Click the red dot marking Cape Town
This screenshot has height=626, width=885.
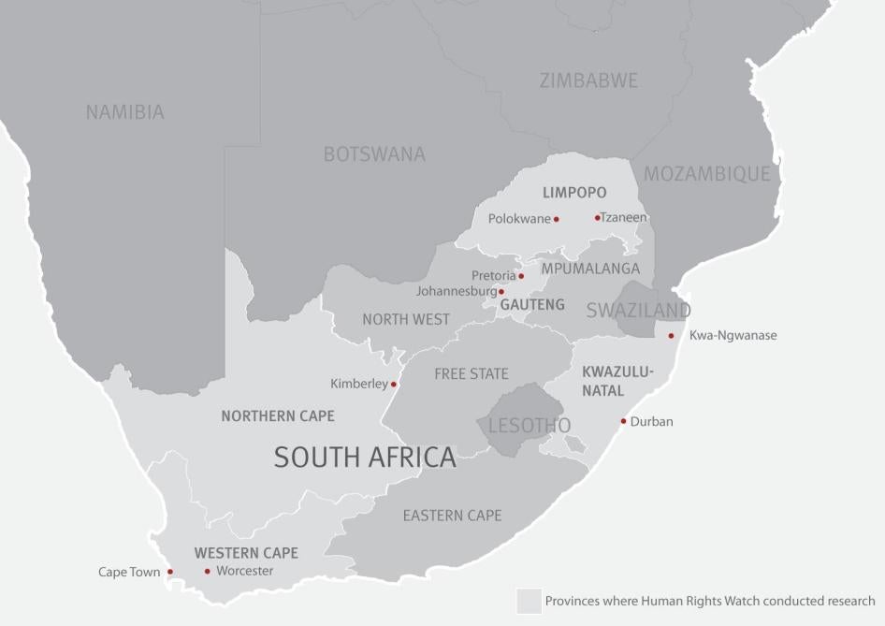(x=170, y=572)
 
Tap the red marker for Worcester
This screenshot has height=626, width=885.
(x=208, y=572)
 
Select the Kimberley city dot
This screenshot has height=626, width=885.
(x=393, y=384)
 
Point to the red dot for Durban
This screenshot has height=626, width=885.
(x=623, y=421)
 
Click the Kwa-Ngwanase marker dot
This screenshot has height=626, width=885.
(x=671, y=336)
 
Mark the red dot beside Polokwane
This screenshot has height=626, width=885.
(x=556, y=219)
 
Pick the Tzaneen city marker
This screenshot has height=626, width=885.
(x=597, y=218)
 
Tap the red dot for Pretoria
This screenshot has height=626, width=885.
(x=521, y=276)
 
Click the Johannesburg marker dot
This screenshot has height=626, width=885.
(x=501, y=292)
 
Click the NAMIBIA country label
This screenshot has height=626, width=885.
(x=124, y=112)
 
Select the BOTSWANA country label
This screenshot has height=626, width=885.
(x=374, y=154)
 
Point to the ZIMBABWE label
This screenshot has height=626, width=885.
(x=588, y=80)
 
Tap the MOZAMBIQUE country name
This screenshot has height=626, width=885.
(x=706, y=174)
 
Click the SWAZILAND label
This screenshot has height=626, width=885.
(x=638, y=311)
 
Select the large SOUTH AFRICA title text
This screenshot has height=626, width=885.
(x=365, y=457)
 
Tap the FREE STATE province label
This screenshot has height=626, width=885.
(x=472, y=374)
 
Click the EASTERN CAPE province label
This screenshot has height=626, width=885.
(x=452, y=516)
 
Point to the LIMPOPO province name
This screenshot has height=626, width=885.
(x=574, y=193)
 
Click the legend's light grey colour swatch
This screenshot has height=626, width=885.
(x=529, y=601)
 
